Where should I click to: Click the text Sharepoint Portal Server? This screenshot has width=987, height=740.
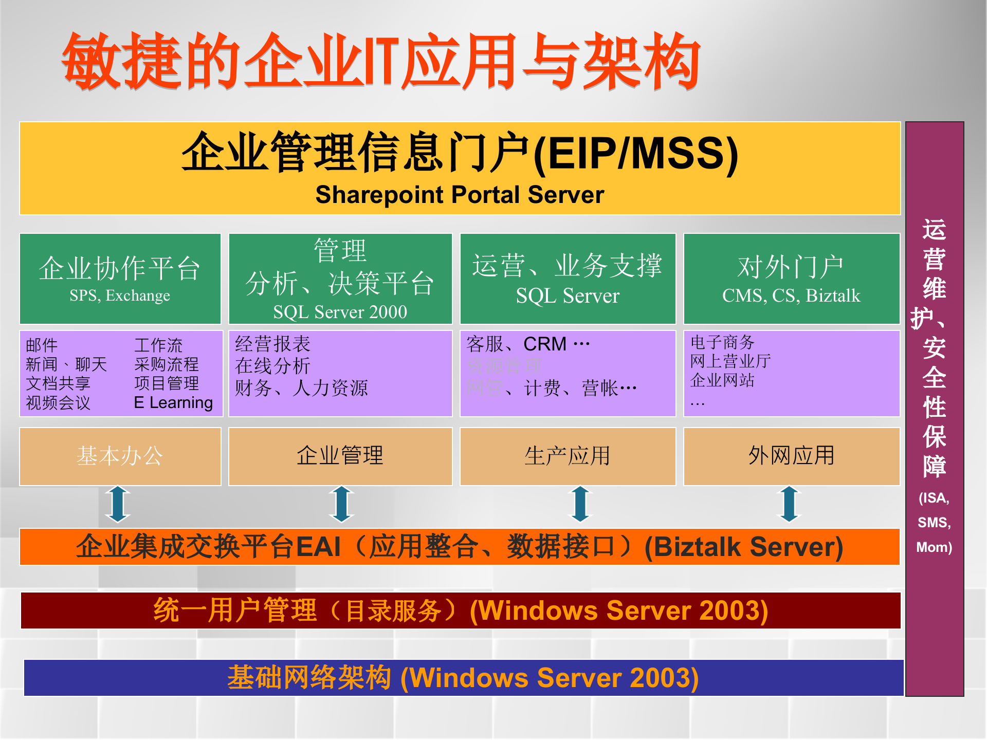pyautogui.click(x=460, y=195)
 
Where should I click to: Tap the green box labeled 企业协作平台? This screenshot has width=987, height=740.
pyautogui.click(x=120, y=278)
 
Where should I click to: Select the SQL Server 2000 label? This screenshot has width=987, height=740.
pyautogui.click(x=340, y=312)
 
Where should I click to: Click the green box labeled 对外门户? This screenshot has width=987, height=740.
pyautogui.click(x=791, y=278)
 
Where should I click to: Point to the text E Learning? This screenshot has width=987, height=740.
pyautogui.click(x=173, y=402)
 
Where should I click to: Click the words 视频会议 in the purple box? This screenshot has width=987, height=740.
pyautogui.click(x=58, y=402)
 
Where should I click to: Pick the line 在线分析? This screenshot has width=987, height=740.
pyautogui.click(x=272, y=366)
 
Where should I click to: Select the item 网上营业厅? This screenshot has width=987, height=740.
pyautogui.click(x=730, y=361)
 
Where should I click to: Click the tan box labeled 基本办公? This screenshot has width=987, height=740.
pyautogui.click(x=120, y=456)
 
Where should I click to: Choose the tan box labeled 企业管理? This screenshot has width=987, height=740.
pyautogui.click(x=340, y=456)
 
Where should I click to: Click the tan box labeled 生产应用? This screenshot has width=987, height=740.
pyautogui.click(x=567, y=456)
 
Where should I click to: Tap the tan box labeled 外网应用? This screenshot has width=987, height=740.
pyautogui.click(x=791, y=456)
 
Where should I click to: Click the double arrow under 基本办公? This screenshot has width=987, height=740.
pyautogui.click(x=118, y=504)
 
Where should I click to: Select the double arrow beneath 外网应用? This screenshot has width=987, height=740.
pyautogui.click(x=790, y=504)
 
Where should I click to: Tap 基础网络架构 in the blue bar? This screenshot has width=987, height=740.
pyautogui.click(x=309, y=677)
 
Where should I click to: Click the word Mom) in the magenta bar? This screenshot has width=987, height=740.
pyautogui.click(x=934, y=547)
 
